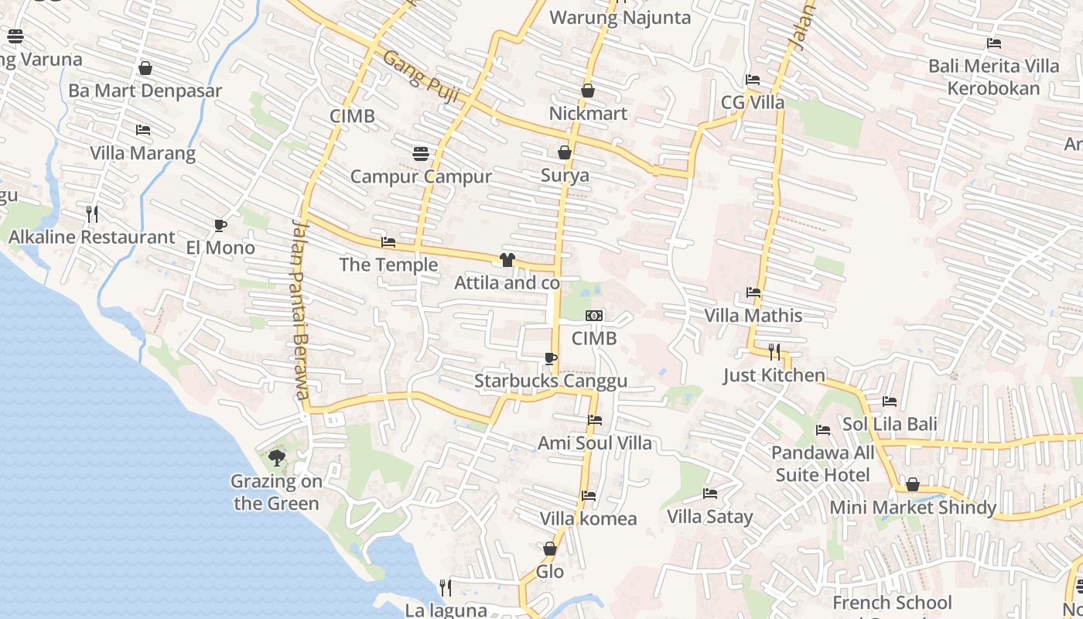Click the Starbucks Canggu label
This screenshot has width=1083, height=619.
click(550, 381)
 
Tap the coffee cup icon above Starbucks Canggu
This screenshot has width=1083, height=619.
click(550, 358)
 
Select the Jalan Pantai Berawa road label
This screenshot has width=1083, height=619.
click(299, 309)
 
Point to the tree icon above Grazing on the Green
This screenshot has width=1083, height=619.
click(276, 458)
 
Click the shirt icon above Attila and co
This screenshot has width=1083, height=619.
click(507, 260)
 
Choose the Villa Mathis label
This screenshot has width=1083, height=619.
click(753, 316)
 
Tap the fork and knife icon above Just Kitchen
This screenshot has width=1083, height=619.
click(774, 352)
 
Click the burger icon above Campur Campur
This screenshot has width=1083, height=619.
click(421, 153)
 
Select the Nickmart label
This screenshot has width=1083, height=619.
click(588, 114)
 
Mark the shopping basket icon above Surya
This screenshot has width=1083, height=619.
click(565, 152)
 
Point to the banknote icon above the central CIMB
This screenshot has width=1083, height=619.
click(594, 316)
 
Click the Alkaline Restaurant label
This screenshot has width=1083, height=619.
click(91, 238)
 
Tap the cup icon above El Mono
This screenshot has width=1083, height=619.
click(220, 225)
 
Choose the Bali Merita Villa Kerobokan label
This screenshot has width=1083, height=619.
click(994, 77)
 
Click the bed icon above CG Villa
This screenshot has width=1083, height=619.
click(752, 80)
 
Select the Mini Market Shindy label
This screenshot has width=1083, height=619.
click(913, 508)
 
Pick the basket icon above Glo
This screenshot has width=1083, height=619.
click(550, 549)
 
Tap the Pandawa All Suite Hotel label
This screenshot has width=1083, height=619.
click(823, 463)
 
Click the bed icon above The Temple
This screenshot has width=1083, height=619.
click(388, 242)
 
